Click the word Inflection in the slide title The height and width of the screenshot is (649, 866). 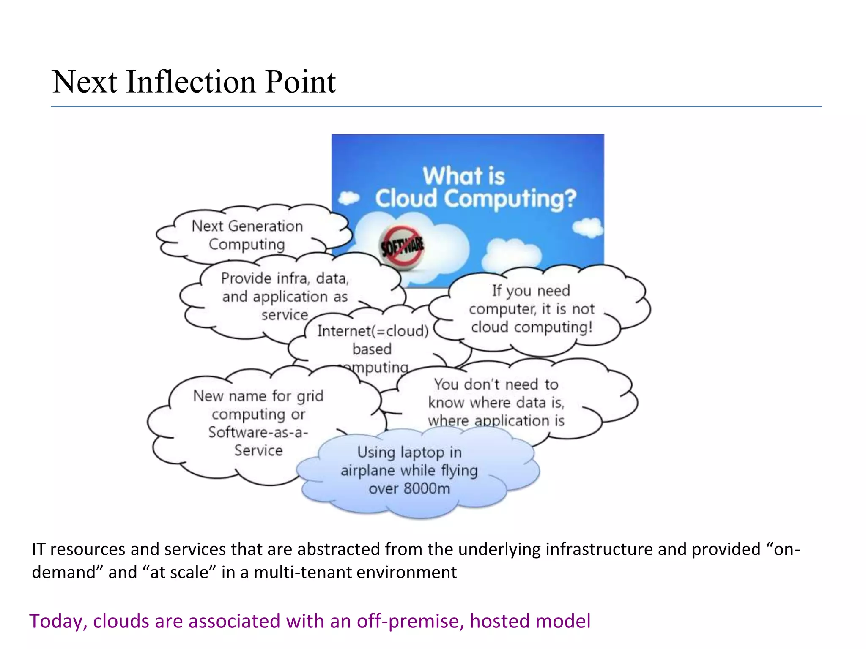coord(191,82)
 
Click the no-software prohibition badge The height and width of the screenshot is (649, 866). coord(401,246)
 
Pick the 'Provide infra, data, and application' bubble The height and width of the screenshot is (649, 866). coord(285,296)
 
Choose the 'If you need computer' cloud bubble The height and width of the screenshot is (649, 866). coord(532,309)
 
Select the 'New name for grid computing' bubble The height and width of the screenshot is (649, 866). coord(258,423)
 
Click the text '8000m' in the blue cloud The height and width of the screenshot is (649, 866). coord(427,489)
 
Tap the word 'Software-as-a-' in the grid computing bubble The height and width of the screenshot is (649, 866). coord(258,432)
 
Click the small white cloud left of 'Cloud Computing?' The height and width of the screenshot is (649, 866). coord(349,198)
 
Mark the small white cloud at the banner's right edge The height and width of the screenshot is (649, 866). coord(588,227)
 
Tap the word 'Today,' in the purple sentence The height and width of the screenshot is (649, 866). coord(58,622)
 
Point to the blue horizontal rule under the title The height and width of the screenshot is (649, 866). coord(436,106)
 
